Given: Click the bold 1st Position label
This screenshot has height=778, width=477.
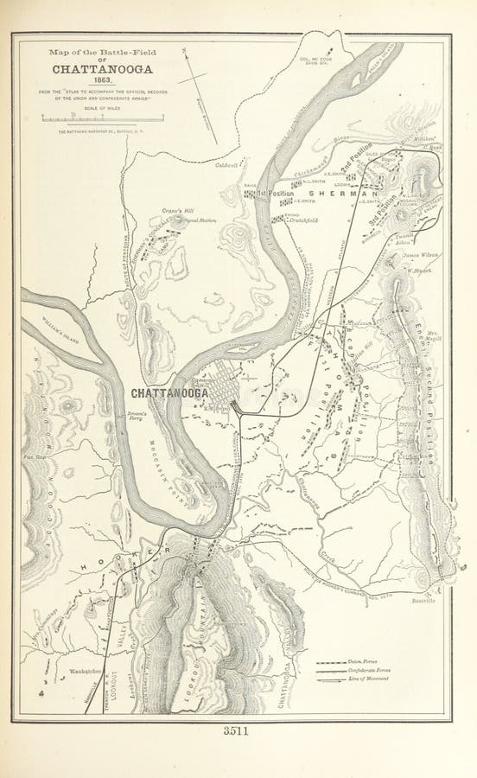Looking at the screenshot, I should click(275, 192).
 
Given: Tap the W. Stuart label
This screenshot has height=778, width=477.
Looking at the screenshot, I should click(417, 271).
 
